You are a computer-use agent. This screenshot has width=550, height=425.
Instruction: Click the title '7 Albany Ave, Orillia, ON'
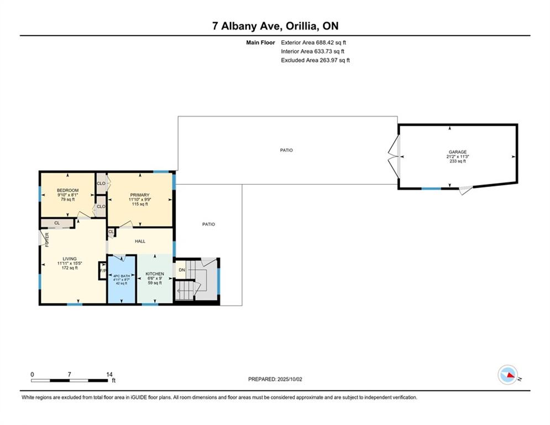(x=275, y=26)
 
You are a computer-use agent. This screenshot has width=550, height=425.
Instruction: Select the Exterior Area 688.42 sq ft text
(x=313, y=42)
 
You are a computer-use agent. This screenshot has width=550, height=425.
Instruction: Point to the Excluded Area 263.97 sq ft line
(x=315, y=60)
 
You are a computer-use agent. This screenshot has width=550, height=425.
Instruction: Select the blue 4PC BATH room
(x=122, y=279)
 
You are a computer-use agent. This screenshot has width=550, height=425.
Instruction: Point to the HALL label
(x=140, y=241)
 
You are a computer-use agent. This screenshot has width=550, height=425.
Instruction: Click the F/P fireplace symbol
(x=102, y=271)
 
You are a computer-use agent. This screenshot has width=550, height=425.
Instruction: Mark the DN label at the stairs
(x=181, y=270)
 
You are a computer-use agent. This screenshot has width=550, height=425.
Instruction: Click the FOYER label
(x=47, y=239)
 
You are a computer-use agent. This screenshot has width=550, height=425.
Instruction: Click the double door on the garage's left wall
(x=394, y=158)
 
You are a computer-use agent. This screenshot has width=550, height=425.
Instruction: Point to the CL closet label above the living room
(x=57, y=223)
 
